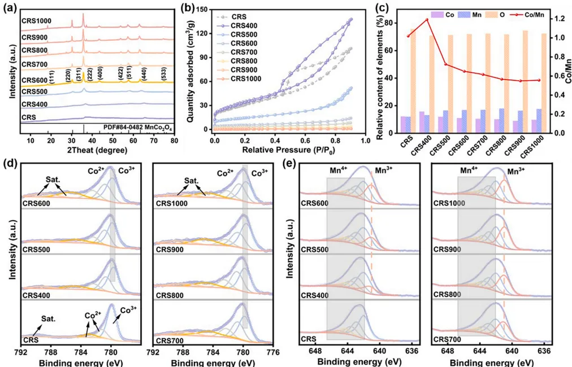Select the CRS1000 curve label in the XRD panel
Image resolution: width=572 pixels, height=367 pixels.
pyautogui.click(x=37, y=21)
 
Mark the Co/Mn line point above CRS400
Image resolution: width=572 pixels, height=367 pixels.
pyautogui.click(x=427, y=20)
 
